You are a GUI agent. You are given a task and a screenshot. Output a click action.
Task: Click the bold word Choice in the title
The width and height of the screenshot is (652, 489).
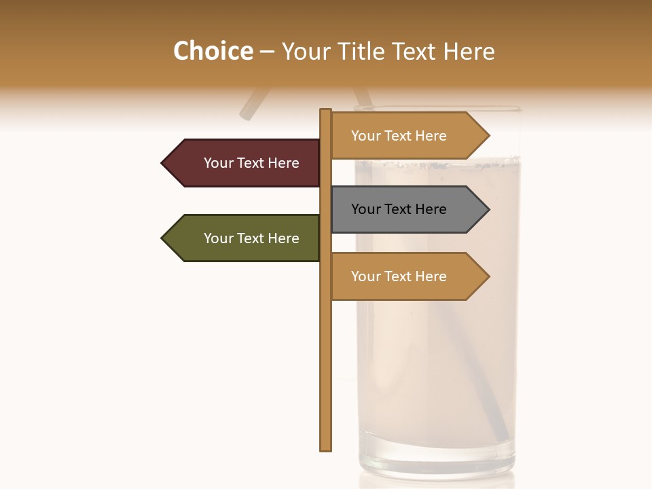pyautogui.click(x=213, y=52)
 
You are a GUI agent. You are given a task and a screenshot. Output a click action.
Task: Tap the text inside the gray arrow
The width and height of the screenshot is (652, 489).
pyautogui.click(x=399, y=209)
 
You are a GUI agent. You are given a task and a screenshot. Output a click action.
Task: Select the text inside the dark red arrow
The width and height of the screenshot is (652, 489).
pyautogui.click(x=251, y=163)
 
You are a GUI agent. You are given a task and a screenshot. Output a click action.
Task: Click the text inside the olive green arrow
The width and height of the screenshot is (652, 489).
pyautogui.click(x=251, y=238)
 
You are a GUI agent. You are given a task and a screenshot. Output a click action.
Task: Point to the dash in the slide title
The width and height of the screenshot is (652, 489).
pyautogui.click(x=267, y=52)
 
